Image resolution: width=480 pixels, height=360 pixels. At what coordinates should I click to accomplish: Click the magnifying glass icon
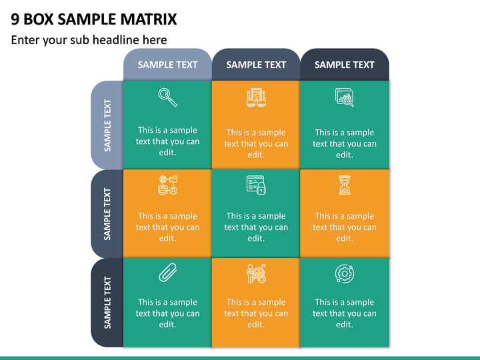click(167, 97)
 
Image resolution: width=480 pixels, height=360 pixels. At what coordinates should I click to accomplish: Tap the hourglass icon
click(345, 185)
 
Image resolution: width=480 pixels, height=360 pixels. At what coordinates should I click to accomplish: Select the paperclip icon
click(168, 272)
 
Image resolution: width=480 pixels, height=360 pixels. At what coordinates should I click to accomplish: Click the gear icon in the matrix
click(345, 273)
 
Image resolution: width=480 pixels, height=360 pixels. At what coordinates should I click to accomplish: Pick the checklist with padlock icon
click(256, 185)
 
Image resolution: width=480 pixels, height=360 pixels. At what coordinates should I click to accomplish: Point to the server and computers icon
click(256, 97)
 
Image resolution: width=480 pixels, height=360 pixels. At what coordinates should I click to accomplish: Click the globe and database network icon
click(168, 185)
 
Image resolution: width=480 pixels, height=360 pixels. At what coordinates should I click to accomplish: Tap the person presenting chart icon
click(256, 273)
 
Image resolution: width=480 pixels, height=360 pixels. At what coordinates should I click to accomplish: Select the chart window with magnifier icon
click(345, 97)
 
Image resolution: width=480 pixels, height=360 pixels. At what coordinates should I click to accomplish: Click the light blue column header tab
click(167, 65)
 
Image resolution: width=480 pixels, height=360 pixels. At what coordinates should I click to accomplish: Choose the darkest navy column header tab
click(345, 65)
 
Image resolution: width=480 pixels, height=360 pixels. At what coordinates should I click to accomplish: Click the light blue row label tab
click(107, 125)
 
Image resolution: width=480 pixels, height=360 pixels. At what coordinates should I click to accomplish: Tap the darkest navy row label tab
click(107, 303)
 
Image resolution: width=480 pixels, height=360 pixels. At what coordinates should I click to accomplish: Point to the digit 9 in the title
click(15, 19)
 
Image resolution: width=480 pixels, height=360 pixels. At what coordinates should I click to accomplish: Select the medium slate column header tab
click(256, 65)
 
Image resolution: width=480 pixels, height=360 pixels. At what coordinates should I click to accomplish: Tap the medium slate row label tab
click(107, 214)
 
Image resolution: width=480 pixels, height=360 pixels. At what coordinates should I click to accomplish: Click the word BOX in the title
click(39, 19)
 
